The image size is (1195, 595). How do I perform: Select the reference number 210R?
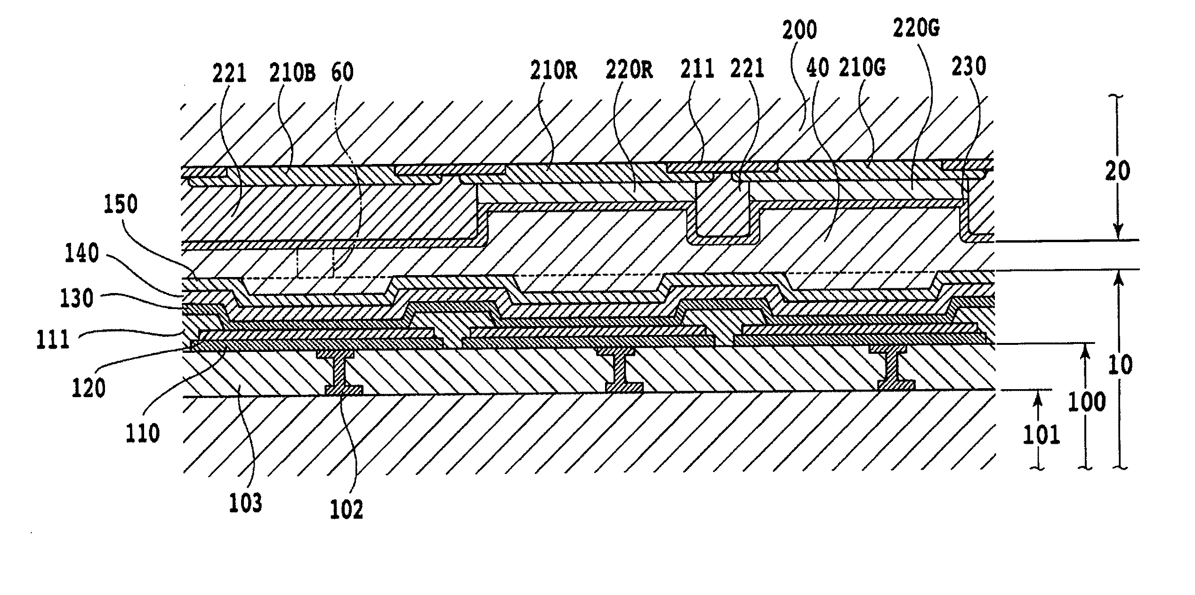(x=554, y=71)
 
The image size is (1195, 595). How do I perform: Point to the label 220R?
(x=628, y=71)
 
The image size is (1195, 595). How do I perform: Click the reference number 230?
(x=968, y=67)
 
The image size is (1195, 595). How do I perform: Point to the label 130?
(x=77, y=298)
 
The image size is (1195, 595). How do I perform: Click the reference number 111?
(x=54, y=340)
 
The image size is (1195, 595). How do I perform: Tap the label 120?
(x=89, y=389)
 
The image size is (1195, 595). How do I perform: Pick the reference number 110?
(x=143, y=432)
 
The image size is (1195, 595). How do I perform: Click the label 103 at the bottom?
(x=245, y=503)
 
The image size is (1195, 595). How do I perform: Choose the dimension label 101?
(x=1042, y=434)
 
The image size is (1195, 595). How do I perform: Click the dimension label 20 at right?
(x=1117, y=171)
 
